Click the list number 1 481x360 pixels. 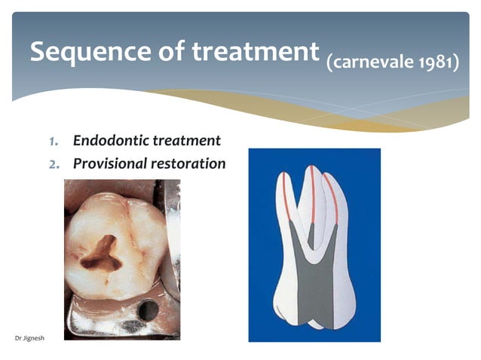54,141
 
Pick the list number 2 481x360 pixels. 54,163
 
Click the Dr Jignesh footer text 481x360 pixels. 29,337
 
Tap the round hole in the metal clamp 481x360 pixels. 148,309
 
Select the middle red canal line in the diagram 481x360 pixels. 311,192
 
